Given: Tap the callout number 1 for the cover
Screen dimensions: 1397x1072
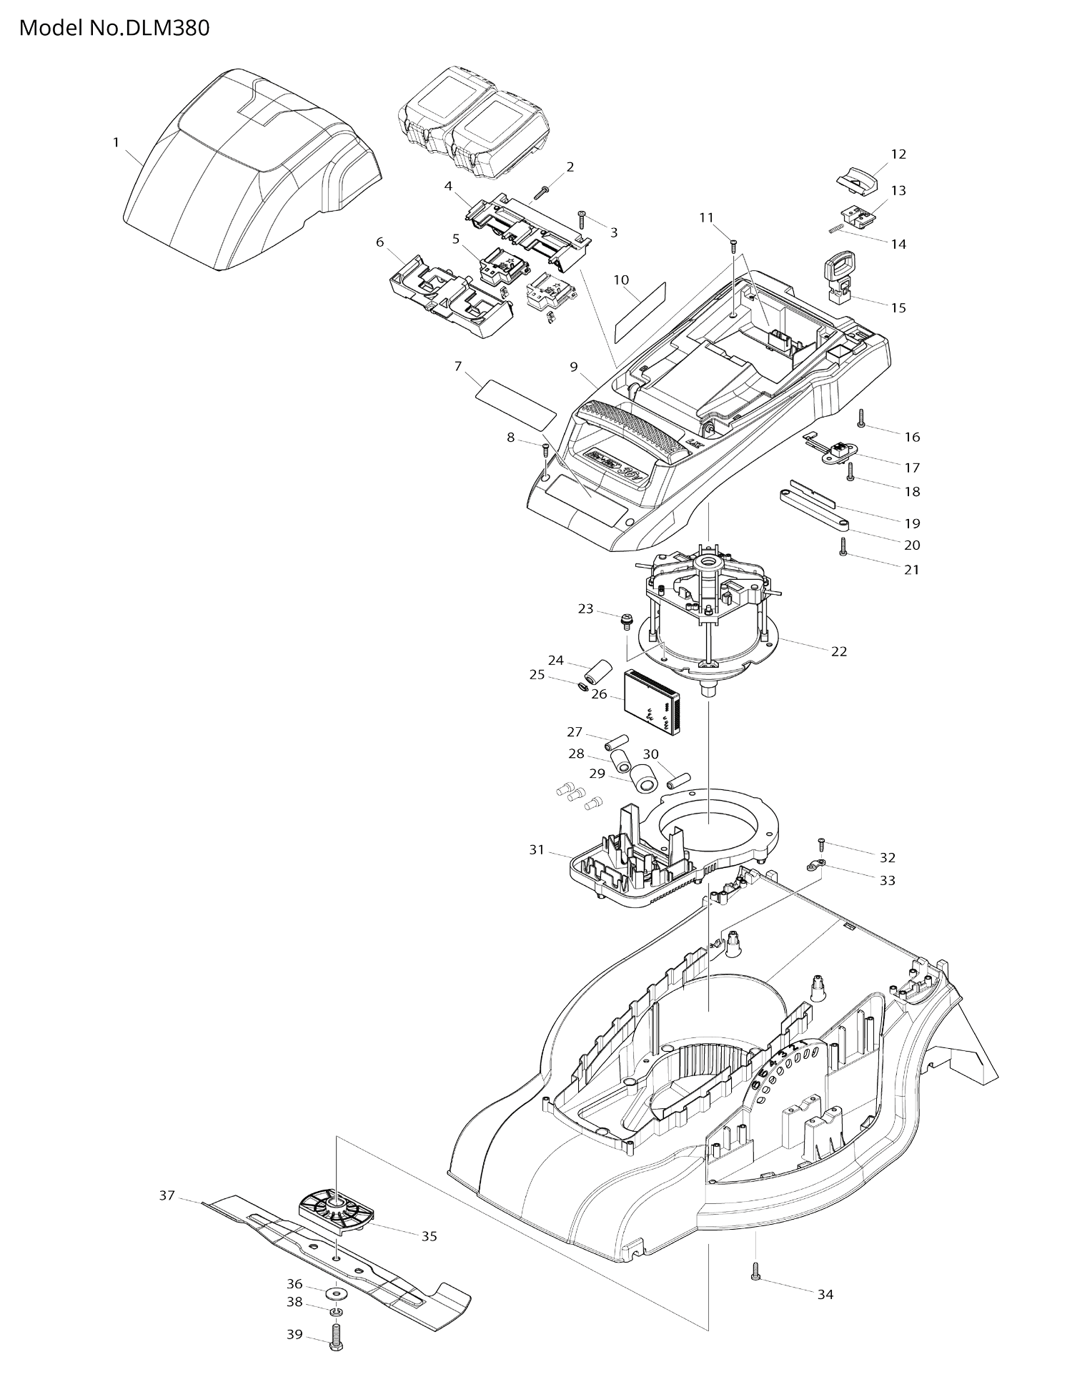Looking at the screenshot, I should click(116, 142).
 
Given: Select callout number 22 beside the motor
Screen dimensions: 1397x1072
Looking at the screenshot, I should click(839, 651).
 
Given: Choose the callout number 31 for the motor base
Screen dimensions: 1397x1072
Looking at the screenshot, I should click(537, 849).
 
